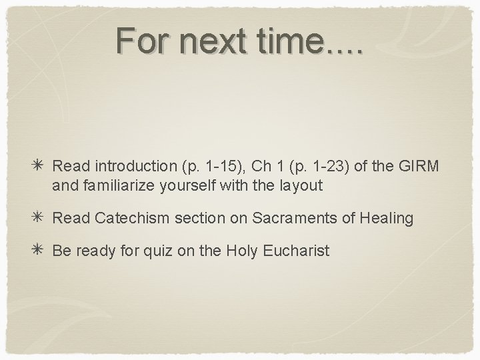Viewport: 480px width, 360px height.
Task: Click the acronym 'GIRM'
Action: tap(418, 165)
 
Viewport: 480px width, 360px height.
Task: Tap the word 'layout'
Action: tap(301, 186)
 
